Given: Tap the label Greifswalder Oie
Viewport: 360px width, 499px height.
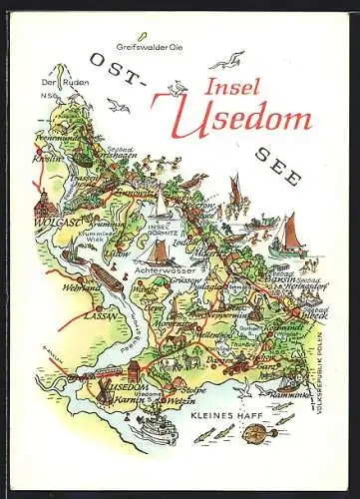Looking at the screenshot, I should pos(141,47).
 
